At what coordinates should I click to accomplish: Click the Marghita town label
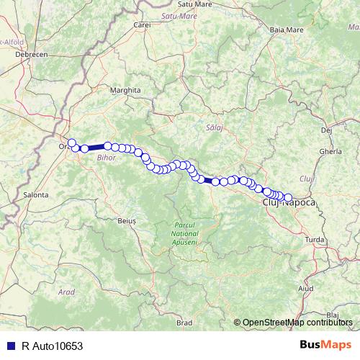125,90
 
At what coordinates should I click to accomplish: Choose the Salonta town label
36,194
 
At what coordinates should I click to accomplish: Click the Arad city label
67,292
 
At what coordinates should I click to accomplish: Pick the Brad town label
184,323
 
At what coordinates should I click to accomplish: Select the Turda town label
315,238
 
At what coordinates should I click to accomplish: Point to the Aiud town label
305,288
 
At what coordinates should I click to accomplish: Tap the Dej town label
326,130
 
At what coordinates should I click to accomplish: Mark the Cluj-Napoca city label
289,204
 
